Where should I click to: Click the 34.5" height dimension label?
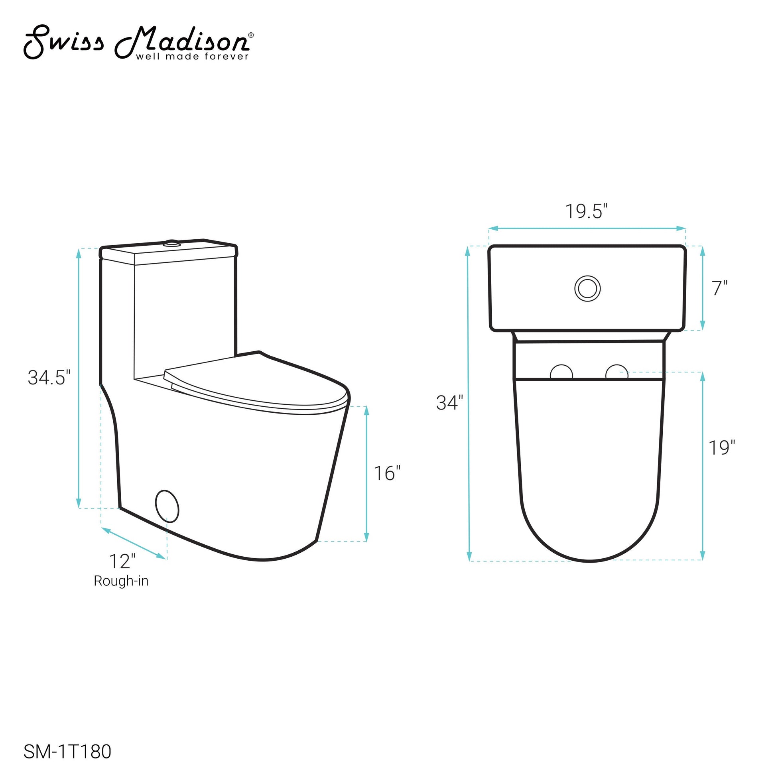tap(49, 378)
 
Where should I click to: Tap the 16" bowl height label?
tap(387, 474)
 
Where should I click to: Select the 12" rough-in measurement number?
tap(122, 561)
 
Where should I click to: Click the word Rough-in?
tap(121, 581)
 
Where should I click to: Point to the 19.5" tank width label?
tap(587, 211)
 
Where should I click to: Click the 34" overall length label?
tap(449, 403)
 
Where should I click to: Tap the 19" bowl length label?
tap(722, 448)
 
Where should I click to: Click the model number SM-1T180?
tap(67, 752)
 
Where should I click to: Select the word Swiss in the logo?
tap(64, 42)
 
